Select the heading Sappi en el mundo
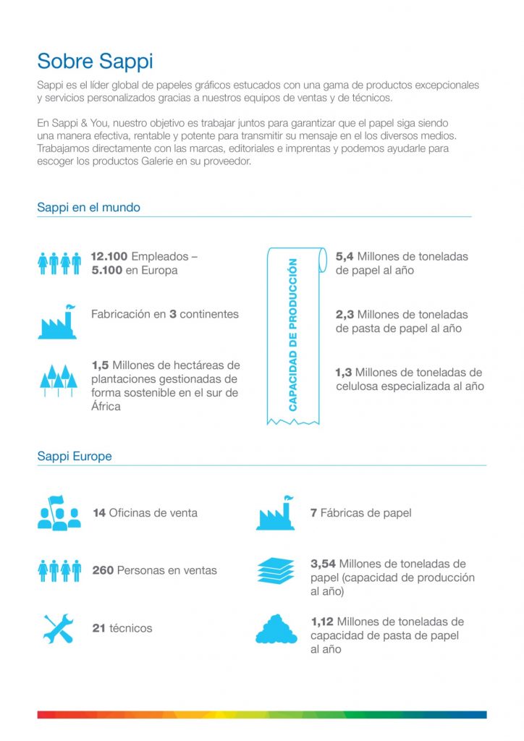[x=88, y=208]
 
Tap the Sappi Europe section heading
[x=74, y=457]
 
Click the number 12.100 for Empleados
[x=109, y=257]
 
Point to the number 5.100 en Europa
[x=109, y=271]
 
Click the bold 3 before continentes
[x=173, y=315]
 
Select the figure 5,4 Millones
[x=344, y=257]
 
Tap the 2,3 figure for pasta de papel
[x=344, y=315]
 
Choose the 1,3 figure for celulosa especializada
[x=344, y=373]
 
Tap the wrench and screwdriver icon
[x=58, y=629]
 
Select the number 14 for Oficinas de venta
[x=99, y=513]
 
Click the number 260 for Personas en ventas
[x=103, y=571]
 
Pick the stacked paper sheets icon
[x=276, y=571]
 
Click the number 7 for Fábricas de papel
[x=313, y=513]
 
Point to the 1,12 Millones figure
[x=322, y=622]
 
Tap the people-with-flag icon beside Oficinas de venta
[x=59, y=513]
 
